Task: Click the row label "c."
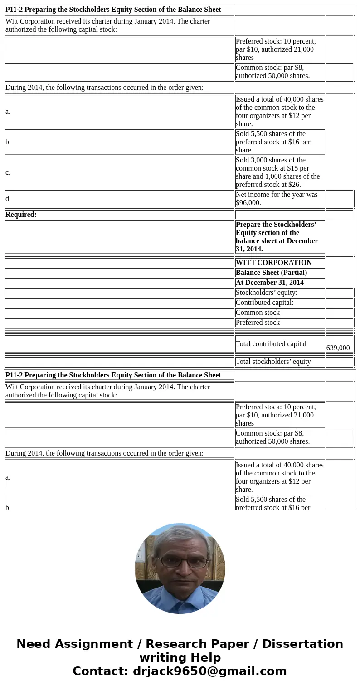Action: tap(8, 172)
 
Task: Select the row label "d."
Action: tap(8, 199)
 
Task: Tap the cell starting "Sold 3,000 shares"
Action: tap(279, 172)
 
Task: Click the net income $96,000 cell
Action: tap(279, 199)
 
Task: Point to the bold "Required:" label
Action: tap(21, 215)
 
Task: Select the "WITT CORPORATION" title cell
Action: tap(273, 263)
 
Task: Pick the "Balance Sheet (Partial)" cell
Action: tap(271, 273)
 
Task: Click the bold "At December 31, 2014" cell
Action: tap(270, 283)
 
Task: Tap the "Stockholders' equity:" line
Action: tap(267, 293)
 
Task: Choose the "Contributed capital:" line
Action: tap(264, 303)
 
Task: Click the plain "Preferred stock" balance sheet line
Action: tap(258, 323)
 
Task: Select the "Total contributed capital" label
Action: tap(271, 344)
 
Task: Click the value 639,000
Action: tap(338, 348)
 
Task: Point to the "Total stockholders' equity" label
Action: tap(273, 362)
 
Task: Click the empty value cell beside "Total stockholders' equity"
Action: tap(339, 362)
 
